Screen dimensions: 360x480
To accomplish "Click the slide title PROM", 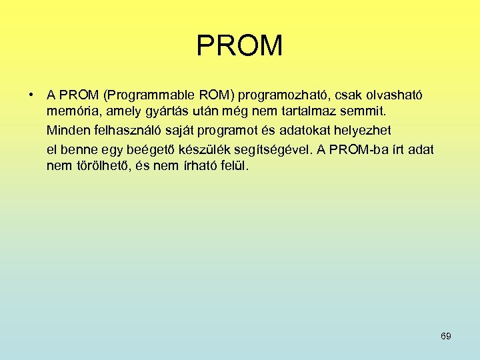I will click(x=239, y=46).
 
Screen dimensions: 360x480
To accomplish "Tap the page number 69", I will click(x=446, y=336).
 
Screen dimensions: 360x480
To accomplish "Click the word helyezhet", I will click(x=376, y=129).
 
